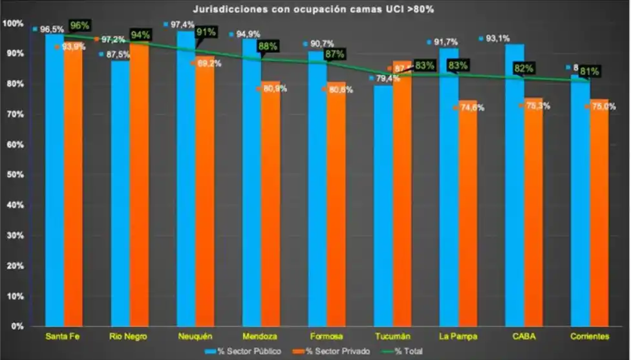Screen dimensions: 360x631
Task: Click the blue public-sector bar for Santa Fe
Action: click(x=54, y=181)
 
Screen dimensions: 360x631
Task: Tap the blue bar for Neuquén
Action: click(x=186, y=181)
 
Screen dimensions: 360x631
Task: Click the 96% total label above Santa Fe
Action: click(x=80, y=26)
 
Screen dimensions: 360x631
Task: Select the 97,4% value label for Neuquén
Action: click(x=182, y=25)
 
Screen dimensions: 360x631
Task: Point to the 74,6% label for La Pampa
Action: click(x=471, y=108)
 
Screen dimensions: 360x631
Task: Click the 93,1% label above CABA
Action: click(x=498, y=39)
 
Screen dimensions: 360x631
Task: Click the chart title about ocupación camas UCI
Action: click(x=313, y=9)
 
